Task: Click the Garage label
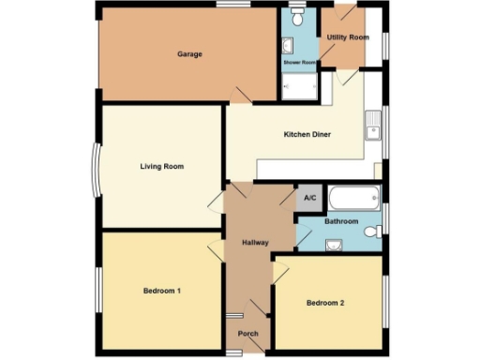pos(189,53)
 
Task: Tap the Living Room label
pos(161,166)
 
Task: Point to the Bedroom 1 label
pos(161,291)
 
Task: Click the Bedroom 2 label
pos(326,303)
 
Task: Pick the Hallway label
pos(255,243)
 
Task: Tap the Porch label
pos(248,334)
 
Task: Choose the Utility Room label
pos(348,37)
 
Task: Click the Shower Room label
pos(299,63)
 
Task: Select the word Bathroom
pos(341,221)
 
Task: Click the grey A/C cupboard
pos(309,198)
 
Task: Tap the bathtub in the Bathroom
pos(355,198)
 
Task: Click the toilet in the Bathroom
pos(373,232)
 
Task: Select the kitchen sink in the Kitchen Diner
pos(373,125)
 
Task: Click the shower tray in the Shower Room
pos(300,85)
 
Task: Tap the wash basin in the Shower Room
pos(287,44)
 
